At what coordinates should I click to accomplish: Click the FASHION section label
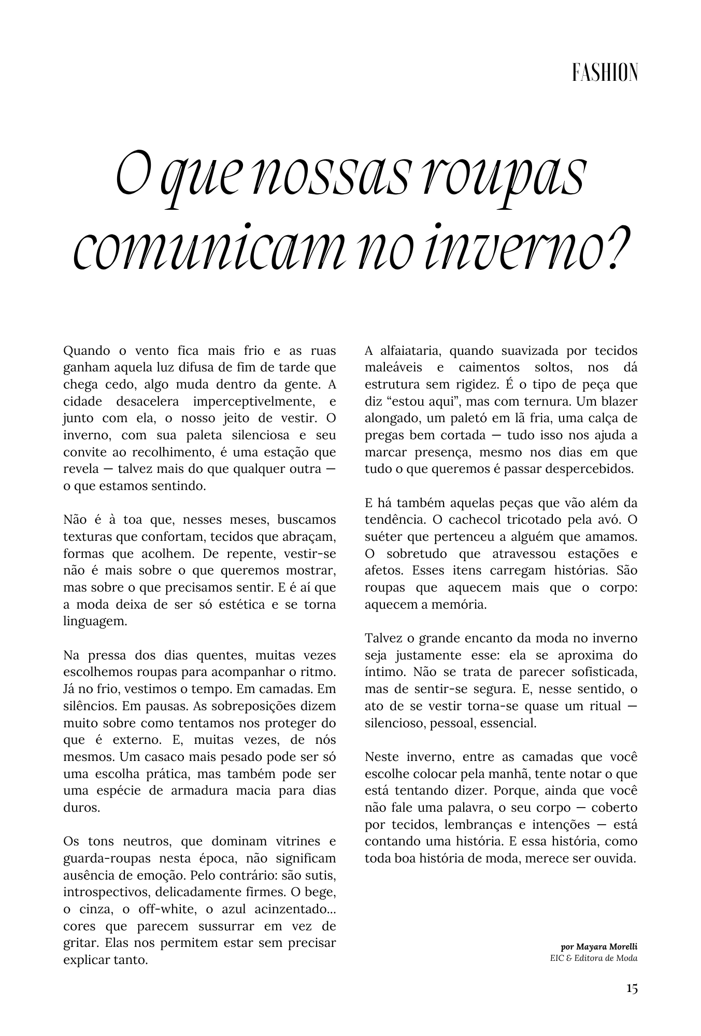605,73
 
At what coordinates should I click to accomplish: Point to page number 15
631,988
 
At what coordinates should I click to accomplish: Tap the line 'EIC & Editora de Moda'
594,958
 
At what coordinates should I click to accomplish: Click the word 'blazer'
620,401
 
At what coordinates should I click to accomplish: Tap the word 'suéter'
382,537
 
